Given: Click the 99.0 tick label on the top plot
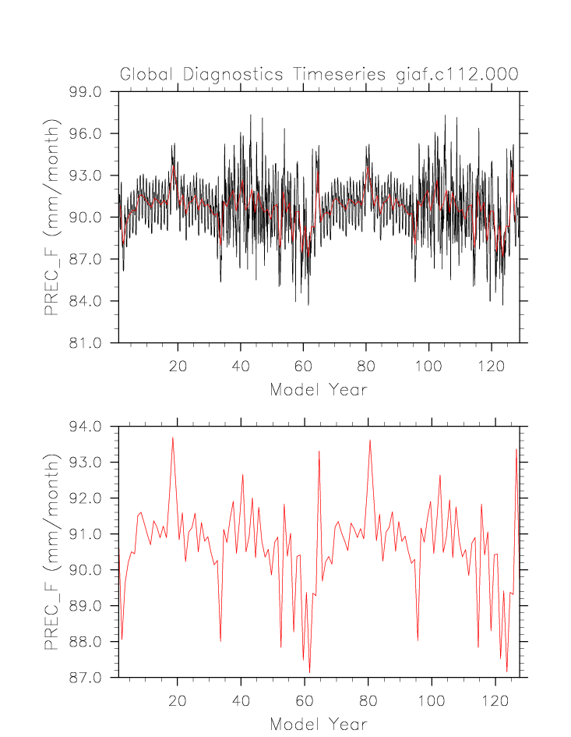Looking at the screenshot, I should [86, 92].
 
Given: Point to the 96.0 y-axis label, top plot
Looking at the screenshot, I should [86, 134].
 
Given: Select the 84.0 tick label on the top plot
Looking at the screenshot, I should [86, 301].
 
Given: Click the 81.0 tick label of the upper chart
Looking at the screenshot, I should [86, 343].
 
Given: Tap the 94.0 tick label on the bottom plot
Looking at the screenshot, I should [86, 427].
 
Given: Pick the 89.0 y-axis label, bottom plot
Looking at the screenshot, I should [86, 606].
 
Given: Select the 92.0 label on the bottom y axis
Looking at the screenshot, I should [86, 498].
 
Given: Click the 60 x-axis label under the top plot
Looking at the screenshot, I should [303, 365].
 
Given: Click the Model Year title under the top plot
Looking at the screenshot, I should [318, 389].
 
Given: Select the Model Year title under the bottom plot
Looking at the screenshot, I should [318, 724].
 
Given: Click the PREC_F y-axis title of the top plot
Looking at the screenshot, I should [51, 217].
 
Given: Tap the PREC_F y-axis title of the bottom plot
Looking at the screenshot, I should [51, 551].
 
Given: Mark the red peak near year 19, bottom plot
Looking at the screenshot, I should [173, 438].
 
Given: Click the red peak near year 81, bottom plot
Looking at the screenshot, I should [370, 441].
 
